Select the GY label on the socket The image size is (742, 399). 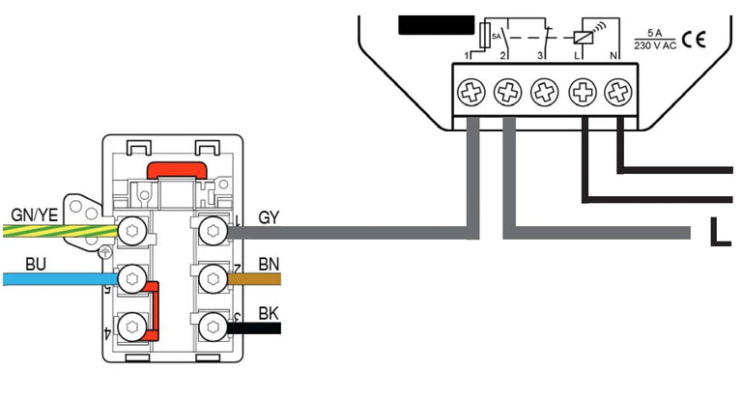coord(270,217)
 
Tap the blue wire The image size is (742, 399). coord(58,279)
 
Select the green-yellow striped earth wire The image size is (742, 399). coord(58,231)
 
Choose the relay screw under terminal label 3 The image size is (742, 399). coord(545,93)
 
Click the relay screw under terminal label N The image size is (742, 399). coord(616,93)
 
